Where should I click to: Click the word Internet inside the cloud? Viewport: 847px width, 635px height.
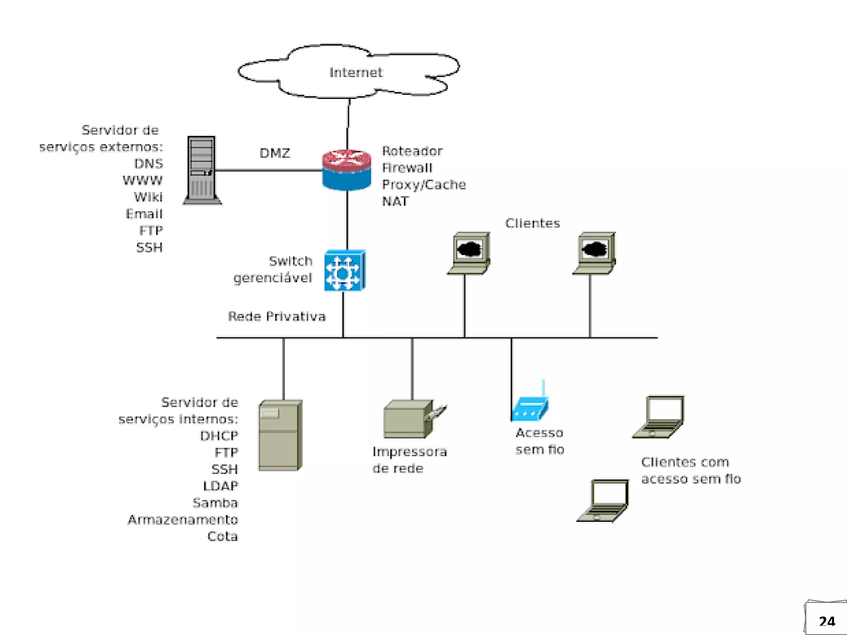(x=356, y=73)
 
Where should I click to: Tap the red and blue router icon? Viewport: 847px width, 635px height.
(x=347, y=170)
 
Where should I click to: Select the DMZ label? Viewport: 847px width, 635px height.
(x=275, y=153)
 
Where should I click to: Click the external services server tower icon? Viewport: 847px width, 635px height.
(x=202, y=170)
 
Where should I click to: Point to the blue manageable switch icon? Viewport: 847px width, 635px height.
(x=345, y=271)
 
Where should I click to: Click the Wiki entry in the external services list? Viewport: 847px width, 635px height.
(x=148, y=197)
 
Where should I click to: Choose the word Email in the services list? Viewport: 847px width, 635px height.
(x=144, y=214)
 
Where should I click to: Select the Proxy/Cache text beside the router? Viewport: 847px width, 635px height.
(x=423, y=185)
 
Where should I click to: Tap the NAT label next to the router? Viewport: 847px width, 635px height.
(x=395, y=202)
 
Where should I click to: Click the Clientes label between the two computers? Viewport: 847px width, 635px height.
(x=532, y=223)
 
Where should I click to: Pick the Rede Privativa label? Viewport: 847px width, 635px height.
(x=277, y=317)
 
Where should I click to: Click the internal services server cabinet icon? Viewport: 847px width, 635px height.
(x=280, y=435)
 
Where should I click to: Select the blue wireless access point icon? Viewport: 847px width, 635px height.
(x=530, y=407)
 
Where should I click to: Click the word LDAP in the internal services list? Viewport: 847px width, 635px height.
(x=220, y=486)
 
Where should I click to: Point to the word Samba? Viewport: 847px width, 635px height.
(x=215, y=503)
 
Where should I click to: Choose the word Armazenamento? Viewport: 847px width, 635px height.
(x=183, y=520)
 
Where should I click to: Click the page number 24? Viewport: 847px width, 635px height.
(x=827, y=621)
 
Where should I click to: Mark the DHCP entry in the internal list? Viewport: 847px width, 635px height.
(x=219, y=436)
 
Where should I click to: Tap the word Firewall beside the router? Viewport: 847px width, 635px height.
(x=407, y=168)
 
